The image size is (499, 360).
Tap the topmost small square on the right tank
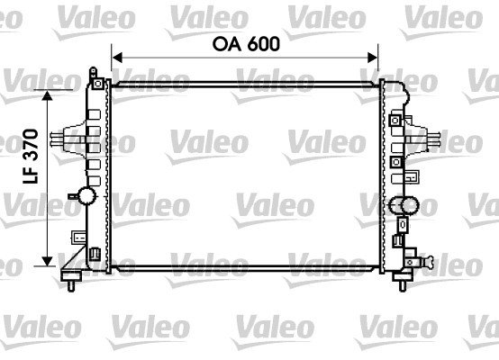tap(395, 119)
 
